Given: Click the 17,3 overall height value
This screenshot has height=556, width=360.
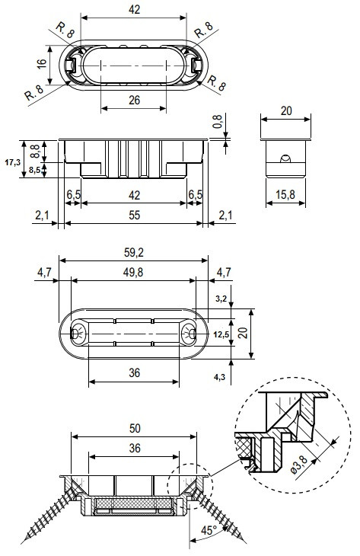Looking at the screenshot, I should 12,162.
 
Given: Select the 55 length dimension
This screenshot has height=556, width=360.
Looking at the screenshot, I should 135,216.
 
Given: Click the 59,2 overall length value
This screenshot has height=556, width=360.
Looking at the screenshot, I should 133,253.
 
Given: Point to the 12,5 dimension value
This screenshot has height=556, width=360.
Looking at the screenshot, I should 221,334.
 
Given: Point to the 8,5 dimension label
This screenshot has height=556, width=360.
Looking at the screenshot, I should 35,169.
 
